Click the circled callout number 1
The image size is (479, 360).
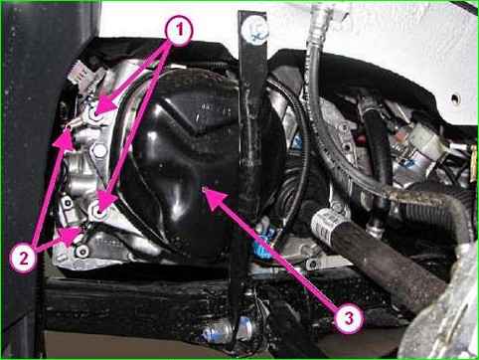click(x=179, y=31)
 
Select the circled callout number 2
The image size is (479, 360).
click(x=23, y=259)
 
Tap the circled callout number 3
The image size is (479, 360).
click(x=348, y=319)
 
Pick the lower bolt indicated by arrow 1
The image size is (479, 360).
click(x=97, y=211)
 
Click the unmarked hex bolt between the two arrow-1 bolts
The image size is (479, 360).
click(x=98, y=151)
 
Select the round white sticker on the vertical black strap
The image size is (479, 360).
click(x=254, y=31)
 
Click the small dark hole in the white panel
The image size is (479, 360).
click(x=456, y=98)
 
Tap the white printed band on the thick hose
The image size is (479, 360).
click(x=325, y=222)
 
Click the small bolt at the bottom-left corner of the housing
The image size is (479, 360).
click(x=81, y=252)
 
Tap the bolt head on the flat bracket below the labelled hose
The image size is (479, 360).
click(x=312, y=264)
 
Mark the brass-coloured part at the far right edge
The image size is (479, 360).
click(x=473, y=163)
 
